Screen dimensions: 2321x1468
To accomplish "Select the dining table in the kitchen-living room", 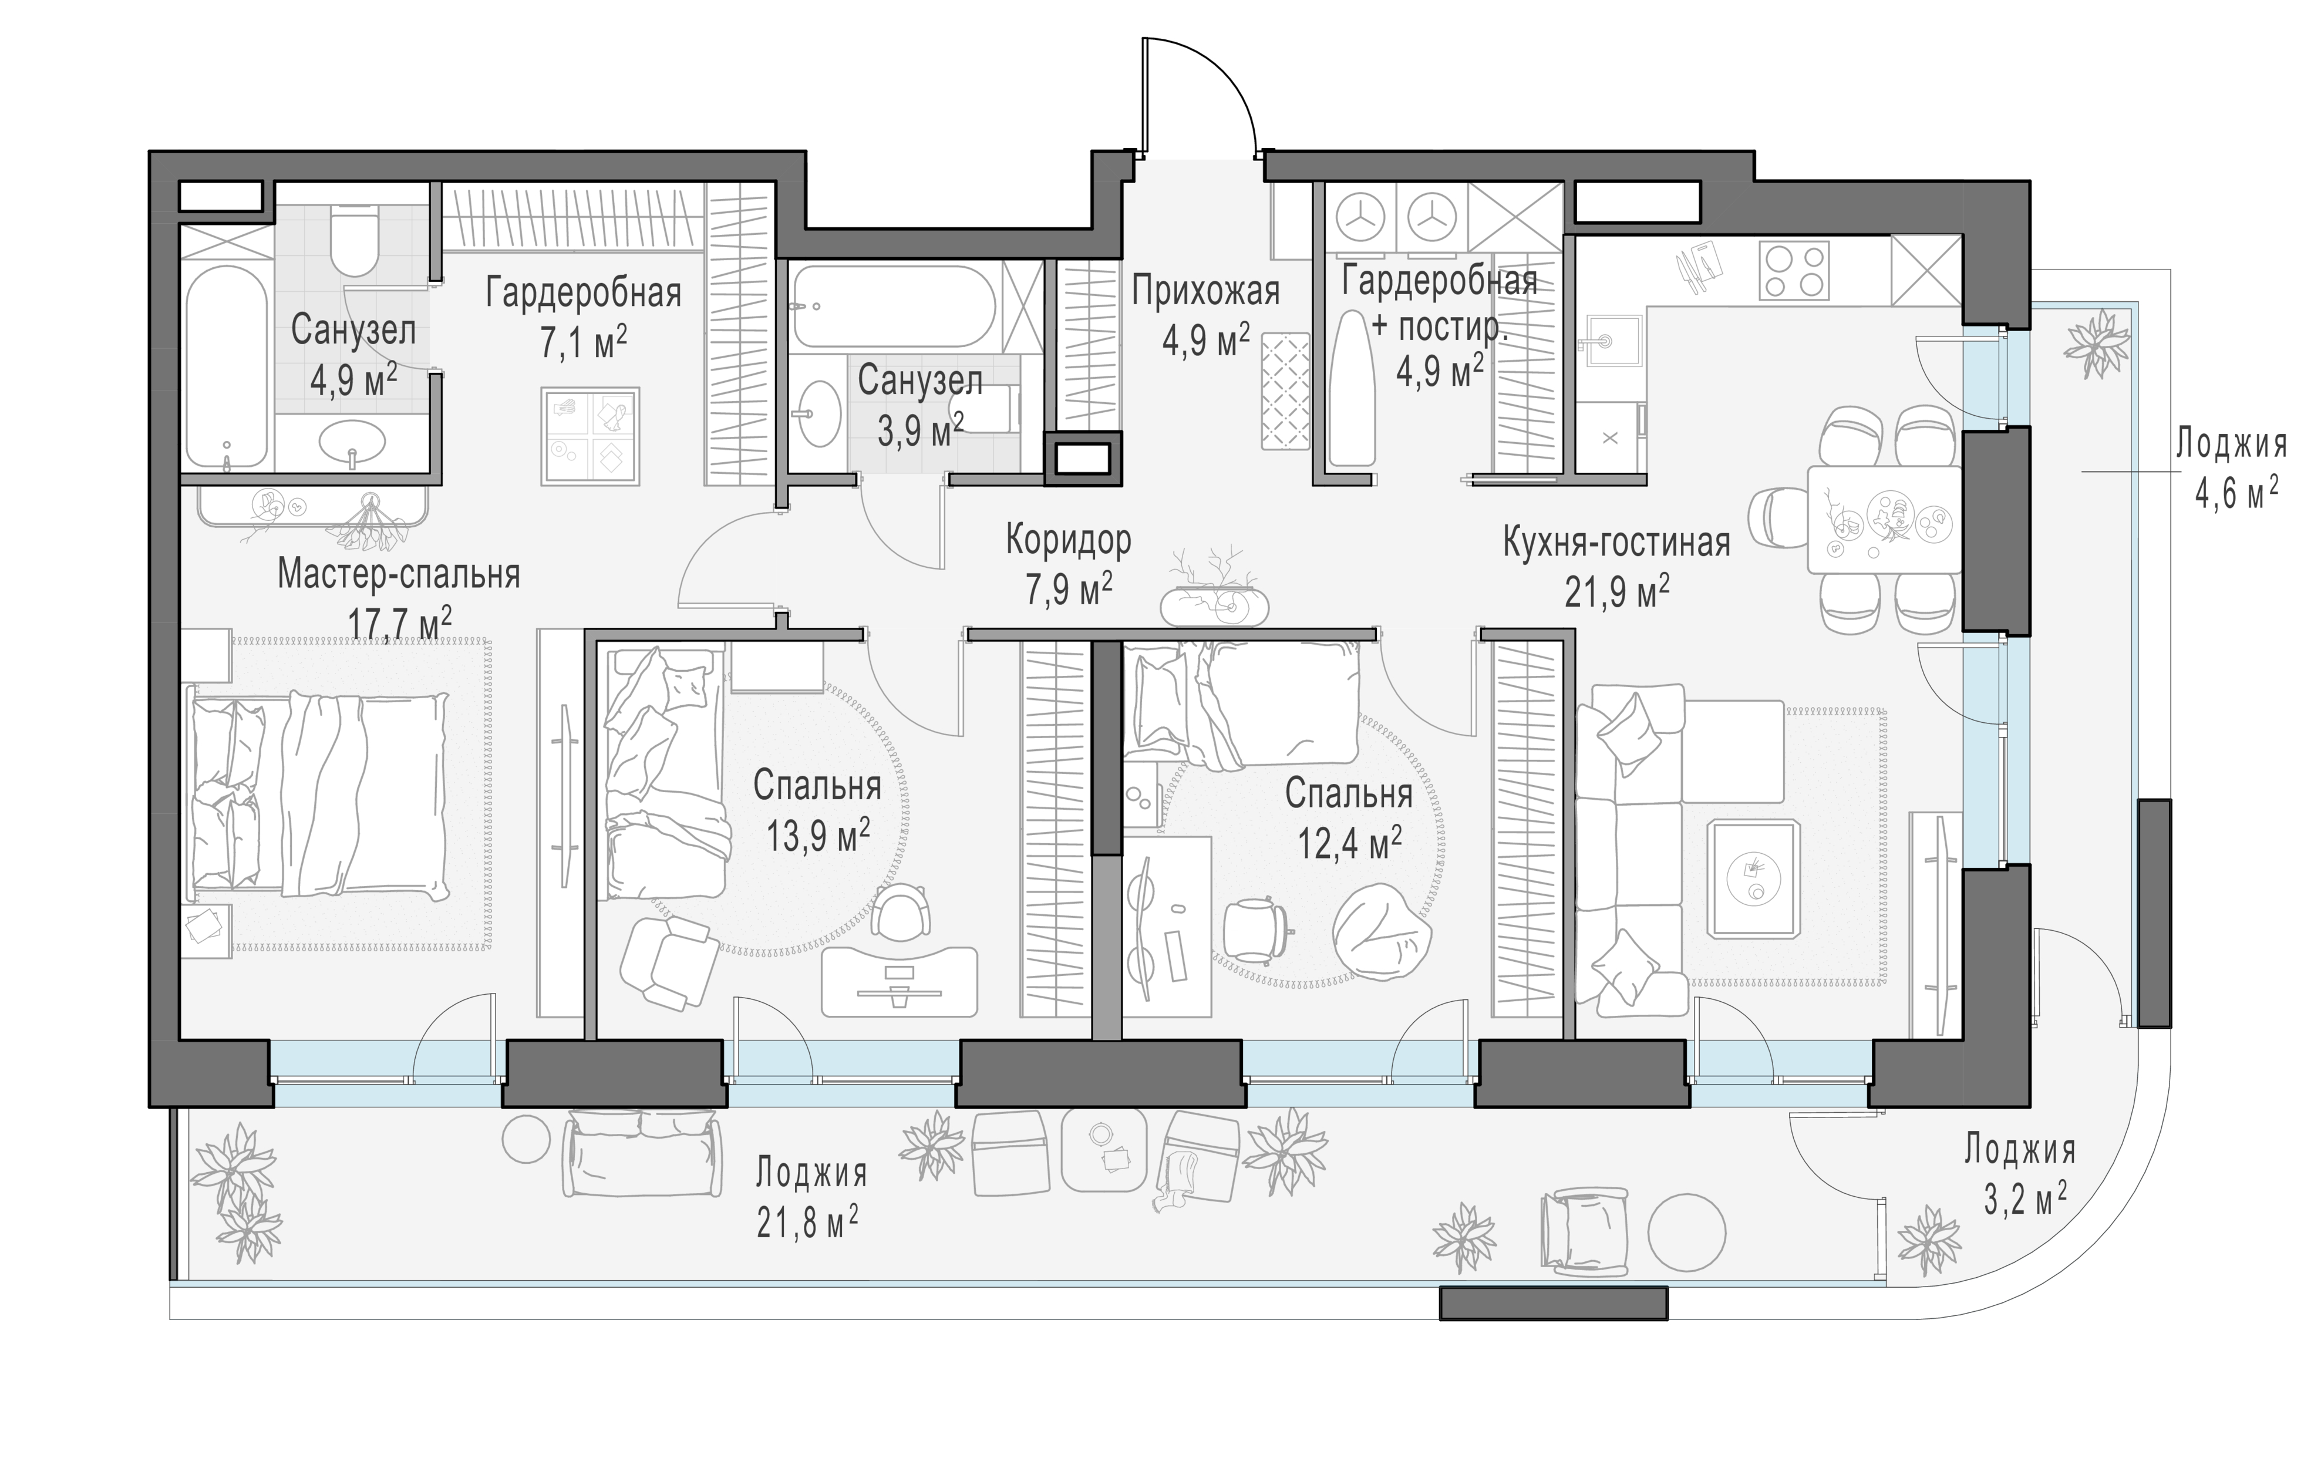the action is [1884, 520].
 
